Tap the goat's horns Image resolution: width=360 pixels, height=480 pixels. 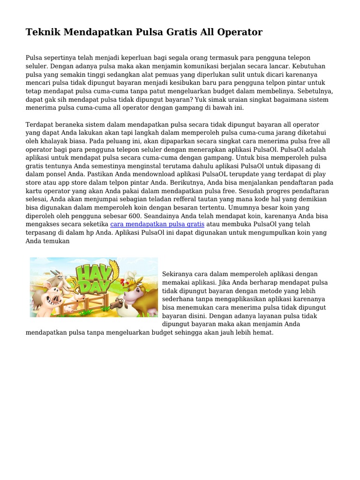coord(55,272)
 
